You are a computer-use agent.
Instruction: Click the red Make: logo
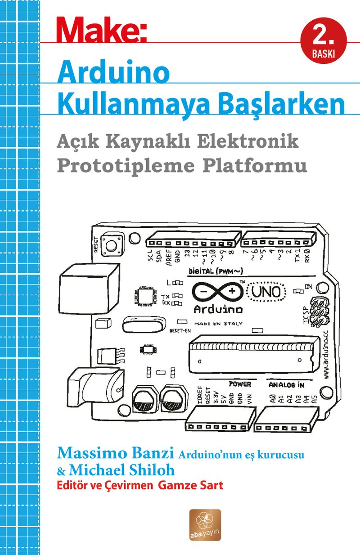pyautogui.click(x=102, y=30)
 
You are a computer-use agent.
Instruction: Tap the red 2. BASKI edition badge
pyautogui.click(x=324, y=41)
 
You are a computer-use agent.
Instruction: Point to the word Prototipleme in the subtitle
pyautogui.click(x=126, y=166)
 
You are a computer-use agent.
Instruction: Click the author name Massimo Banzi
pyautogui.click(x=115, y=453)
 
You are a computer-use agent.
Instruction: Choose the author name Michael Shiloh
pyautogui.click(x=121, y=470)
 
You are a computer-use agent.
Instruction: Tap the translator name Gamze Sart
pyautogui.click(x=190, y=485)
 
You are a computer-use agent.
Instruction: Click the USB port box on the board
pyautogui.click(x=89, y=289)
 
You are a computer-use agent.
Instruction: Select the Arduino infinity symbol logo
pyautogui.click(x=218, y=292)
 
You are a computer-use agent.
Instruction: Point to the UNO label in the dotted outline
pyautogui.click(x=266, y=292)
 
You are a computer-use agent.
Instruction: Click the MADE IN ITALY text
pyautogui.click(x=218, y=324)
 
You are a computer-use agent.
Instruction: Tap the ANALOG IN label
pyautogui.click(x=286, y=384)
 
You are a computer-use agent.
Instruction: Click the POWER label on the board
pyautogui.click(x=240, y=384)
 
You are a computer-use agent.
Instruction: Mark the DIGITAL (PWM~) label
pyautogui.click(x=216, y=271)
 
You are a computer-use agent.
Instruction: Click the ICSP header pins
pyautogui.click(x=320, y=311)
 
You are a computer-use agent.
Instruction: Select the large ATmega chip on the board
pyautogui.click(x=254, y=355)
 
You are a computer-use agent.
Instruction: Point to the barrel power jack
pyautogui.click(x=95, y=388)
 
